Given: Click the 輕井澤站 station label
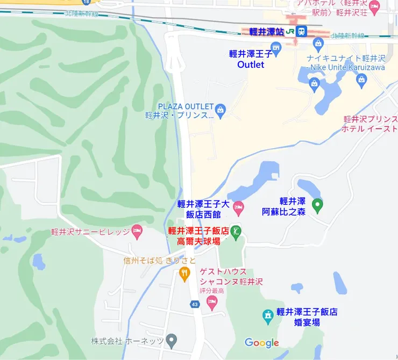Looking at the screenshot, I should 266,32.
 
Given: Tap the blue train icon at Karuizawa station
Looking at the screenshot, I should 301,32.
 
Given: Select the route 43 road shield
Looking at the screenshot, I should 194,304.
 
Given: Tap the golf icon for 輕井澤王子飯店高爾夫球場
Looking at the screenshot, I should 236,231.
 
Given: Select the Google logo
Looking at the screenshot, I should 261,343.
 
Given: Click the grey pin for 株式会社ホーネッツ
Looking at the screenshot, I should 171,340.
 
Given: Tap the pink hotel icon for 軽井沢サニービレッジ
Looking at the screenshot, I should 137,231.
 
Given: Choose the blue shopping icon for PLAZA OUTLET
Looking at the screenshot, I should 221,111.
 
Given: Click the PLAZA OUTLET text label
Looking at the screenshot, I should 186,106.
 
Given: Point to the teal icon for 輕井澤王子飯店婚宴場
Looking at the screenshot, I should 267,316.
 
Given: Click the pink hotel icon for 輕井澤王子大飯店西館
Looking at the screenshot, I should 238,207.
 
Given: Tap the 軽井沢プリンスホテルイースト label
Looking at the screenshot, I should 371,124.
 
